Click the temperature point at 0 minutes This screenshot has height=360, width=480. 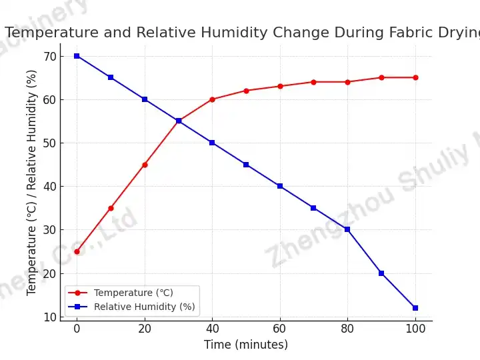[x=77, y=251]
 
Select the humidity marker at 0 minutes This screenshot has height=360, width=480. [x=77, y=56]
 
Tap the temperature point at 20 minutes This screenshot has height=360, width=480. [x=145, y=165]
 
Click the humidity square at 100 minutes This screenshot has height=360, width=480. [x=415, y=308]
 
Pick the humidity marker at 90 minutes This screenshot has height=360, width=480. [x=381, y=273]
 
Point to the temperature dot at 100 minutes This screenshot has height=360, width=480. [x=415, y=77]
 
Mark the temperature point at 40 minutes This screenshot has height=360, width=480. [x=212, y=99]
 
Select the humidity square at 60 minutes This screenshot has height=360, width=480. [x=280, y=186]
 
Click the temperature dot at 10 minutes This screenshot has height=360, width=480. [x=111, y=208]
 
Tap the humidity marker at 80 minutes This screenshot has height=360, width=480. [x=347, y=229]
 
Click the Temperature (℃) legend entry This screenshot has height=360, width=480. [x=133, y=293]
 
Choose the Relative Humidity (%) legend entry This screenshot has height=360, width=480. [x=144, y=307]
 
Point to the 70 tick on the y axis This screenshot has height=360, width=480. [x=50, y=56]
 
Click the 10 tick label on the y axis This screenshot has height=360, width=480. [x=50, y=317]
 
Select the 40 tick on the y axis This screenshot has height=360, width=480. [x=50, y=186]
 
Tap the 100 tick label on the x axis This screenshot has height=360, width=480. [x=415, y=329]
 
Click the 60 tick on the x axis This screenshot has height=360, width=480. [x=280, y=329]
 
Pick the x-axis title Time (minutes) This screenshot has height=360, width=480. [x=246, y=345]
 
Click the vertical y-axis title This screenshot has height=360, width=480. [x=32, y=182]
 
